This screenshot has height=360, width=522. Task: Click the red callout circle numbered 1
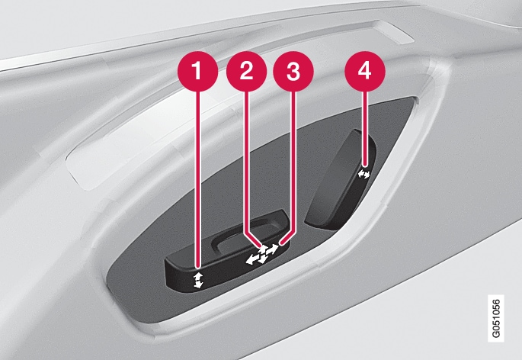[x=197, y=71]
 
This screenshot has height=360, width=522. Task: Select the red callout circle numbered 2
[x=246, y=71]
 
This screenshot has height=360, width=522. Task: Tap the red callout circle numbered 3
[x=293, y=71]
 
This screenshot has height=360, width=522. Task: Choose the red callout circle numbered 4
[x=365, y=71]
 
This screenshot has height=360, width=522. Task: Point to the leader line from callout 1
[x=199, y=179]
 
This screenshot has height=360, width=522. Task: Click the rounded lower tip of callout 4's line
[x=365, y=165]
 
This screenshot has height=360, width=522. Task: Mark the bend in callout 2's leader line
[x=246, y=230]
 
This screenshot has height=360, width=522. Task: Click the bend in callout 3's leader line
[x=293, y=230]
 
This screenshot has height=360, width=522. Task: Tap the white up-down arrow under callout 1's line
[x=198, y=280]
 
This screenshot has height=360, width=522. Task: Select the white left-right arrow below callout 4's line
[x=363, y=174]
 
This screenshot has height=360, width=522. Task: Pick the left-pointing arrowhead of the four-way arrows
[x=251, y=260]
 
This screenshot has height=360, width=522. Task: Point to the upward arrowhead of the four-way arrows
[x=264, y=249]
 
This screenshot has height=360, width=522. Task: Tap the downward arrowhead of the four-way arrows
[x=261, y=259]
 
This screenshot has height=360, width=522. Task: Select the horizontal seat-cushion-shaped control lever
[x=227, y=252]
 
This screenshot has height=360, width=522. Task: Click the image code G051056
[x=495, y=318]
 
